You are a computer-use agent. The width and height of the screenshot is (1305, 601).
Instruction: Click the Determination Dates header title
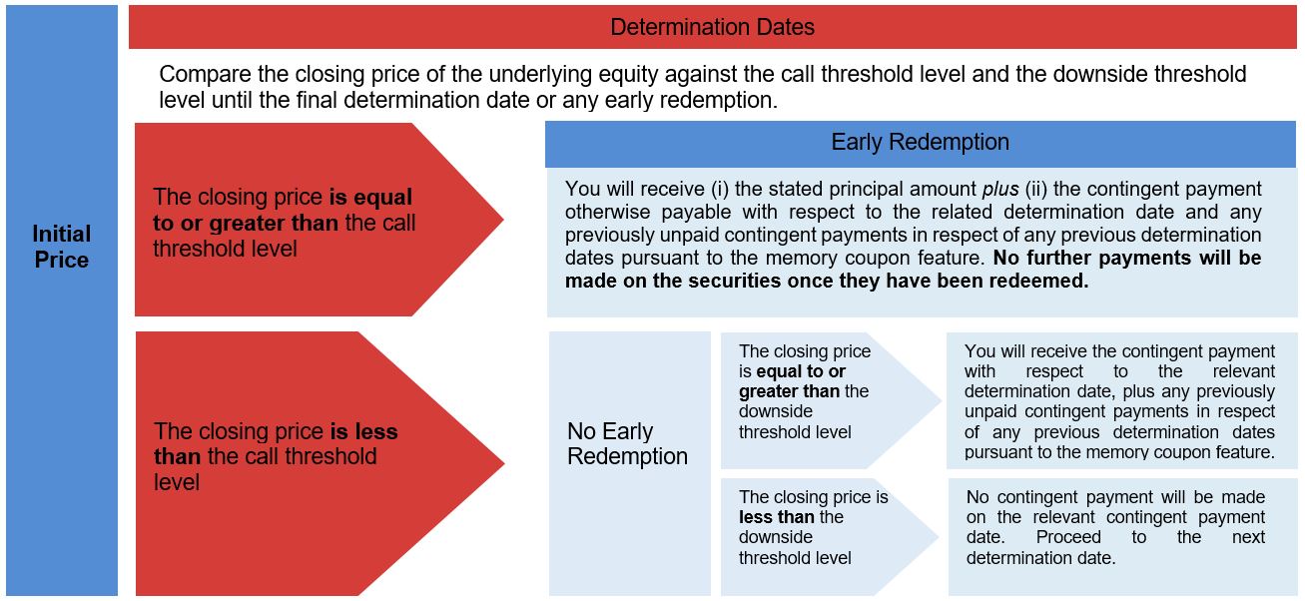pos(712,27)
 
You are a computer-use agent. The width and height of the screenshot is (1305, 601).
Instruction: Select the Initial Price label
pos(61,247)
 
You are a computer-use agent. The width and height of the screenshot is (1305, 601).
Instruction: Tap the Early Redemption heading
pos(920,142)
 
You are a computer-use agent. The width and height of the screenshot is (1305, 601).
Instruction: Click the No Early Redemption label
pos(627,443)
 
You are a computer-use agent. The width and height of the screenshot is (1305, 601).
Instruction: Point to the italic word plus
pos(1000,190)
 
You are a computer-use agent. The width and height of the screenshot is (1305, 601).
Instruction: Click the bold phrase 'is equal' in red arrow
pos(370,197)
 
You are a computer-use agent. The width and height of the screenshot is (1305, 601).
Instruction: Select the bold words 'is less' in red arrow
pos(364,431)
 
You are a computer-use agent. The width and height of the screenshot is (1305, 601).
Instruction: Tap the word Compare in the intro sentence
pos(205,75)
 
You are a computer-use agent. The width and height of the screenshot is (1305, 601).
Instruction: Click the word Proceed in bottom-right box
pos(1068,537)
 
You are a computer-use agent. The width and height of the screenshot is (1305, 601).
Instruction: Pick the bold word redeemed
pos(1039,281)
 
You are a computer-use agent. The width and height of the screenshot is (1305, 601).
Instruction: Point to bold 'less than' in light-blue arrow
pos(777,517)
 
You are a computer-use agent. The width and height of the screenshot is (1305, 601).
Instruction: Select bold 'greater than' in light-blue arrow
pos(790,391)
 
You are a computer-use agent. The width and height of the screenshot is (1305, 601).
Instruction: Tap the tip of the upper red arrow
pos(503,220)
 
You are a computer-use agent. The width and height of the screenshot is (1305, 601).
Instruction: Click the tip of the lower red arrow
pos(504,463)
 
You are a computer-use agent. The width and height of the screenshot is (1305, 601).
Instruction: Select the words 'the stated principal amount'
pos(856,190)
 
